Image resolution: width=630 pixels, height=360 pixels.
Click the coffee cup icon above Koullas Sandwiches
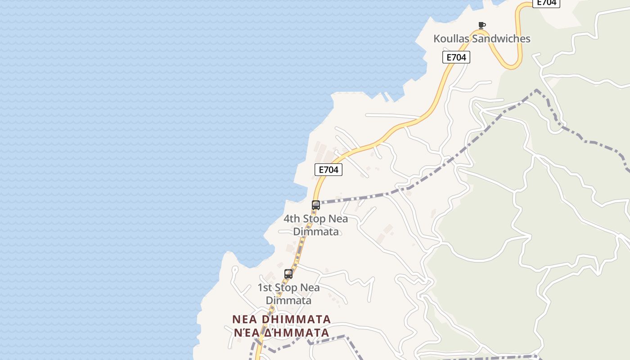click(482, 25)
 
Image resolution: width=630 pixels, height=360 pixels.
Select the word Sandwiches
click(503, 39)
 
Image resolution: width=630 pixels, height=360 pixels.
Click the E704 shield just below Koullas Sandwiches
click(456, 57)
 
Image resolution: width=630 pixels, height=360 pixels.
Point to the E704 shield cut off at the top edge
click(546, 3)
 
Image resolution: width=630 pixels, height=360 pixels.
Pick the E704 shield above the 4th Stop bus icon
click(328, 170)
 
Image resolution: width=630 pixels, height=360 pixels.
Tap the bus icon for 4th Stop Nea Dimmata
click(316, 205)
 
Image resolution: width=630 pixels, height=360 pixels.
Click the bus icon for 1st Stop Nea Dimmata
click(288, 274)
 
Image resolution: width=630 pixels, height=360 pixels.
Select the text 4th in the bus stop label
click(292, 219)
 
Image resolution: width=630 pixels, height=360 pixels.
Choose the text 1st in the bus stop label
click(265, 288)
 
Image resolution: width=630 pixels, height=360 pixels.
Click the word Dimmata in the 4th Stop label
click(316, 232)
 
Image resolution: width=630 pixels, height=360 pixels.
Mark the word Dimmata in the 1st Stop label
click(288, 300)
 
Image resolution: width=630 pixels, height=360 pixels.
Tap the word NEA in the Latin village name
click(244, 319)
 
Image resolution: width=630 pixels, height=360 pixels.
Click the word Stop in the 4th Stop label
click(314, 219)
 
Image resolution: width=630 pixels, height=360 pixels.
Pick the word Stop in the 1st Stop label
click(286, 288)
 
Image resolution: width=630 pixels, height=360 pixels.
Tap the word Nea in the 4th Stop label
click(338, 219)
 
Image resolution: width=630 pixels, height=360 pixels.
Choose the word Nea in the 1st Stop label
click(310, 288)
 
